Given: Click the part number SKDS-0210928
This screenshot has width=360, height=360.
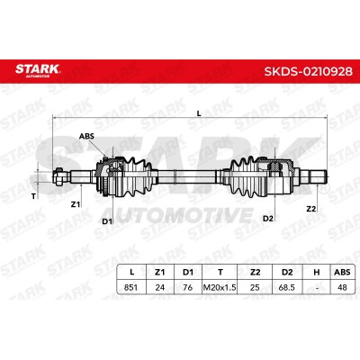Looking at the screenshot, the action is (x=308, y=71).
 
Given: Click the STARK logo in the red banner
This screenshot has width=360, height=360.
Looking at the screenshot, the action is (x=38, y=69).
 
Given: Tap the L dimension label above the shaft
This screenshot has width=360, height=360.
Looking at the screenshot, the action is (x=199, y=113).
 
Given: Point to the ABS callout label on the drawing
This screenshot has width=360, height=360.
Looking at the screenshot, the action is (x=86, y=136).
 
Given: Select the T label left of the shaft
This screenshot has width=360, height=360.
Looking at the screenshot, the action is (x=33, y=196).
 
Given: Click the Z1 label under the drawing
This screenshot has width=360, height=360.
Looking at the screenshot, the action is (x=76, y=204).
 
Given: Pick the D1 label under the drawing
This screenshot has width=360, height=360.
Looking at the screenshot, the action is (x=107, y=221).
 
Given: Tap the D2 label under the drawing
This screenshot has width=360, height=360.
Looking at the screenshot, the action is (x=268, y=219).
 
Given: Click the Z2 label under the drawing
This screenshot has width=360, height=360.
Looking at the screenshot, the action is (x=311, y=209).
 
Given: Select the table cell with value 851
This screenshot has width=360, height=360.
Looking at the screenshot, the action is (x=130, y=287).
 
